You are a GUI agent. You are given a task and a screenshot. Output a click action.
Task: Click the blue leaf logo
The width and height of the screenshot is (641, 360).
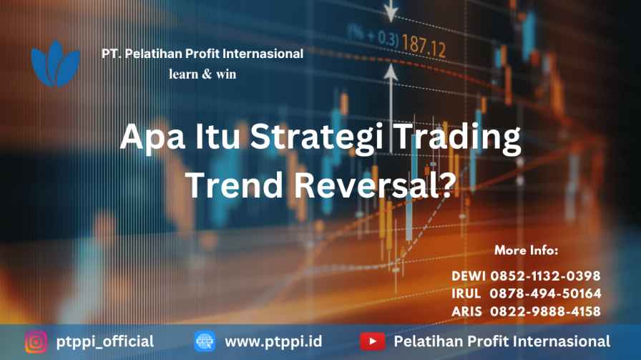[x=55, y=64]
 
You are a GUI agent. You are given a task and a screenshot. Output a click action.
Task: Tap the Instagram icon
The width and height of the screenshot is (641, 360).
[x=36, y=341]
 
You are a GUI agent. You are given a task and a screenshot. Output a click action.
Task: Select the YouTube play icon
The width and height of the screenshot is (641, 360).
[x=373, y=341]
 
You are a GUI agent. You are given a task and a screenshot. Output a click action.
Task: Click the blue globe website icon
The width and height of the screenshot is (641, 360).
[x=205, y=341]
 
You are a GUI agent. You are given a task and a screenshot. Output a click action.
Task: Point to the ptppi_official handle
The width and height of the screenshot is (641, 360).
[x=105, y=341]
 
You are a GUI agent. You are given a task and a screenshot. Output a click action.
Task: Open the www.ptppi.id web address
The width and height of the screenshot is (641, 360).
[x=273, y=341]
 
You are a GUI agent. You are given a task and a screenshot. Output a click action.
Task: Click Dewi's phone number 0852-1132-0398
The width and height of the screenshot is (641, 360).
[x=545, y=276]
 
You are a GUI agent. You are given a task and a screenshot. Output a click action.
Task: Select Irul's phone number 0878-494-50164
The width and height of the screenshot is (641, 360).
[x=545, y=293]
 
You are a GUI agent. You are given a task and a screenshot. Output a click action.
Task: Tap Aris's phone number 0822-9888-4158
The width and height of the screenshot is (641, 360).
[x=545, y=311]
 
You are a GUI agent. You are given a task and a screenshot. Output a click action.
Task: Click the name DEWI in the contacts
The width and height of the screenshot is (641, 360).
[x=469, y=276]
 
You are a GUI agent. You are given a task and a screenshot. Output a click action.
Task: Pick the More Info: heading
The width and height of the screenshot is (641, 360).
[x=526, y=250]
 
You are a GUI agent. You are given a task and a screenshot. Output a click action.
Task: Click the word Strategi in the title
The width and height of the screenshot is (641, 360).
[x=317, y=137]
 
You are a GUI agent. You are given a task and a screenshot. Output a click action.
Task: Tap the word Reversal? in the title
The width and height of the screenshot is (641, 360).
[x=375, y=185]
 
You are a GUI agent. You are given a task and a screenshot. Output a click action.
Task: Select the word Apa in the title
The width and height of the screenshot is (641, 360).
[x=152, y=138]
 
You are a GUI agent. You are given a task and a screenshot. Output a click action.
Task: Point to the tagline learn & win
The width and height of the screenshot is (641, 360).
[x=202, y=74]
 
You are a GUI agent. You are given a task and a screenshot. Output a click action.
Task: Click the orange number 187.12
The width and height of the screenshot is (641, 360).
[x=424, y=45]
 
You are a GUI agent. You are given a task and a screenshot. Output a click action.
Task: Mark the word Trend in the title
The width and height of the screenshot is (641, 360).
[x=234, y=185]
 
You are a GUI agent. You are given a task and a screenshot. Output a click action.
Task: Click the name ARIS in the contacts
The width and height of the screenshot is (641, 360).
[x=467, y=311]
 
